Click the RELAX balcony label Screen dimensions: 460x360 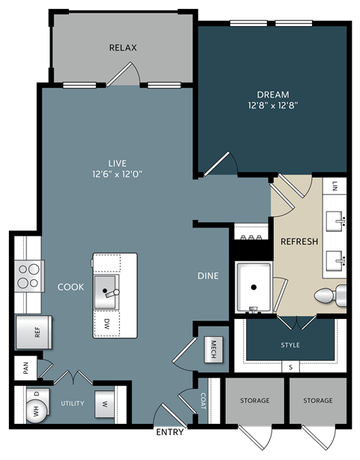122,47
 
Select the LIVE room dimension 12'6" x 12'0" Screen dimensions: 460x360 116,174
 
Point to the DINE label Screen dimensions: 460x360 208,276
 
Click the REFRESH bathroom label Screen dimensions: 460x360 299,242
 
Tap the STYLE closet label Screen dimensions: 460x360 290,345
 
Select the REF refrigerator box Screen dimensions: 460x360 32,332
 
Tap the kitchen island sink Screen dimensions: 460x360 106,287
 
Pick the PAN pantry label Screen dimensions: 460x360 25,368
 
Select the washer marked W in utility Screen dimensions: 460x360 104,404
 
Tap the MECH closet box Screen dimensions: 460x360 213,348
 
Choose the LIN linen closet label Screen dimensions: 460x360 334,185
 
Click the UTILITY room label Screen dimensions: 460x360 73,404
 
